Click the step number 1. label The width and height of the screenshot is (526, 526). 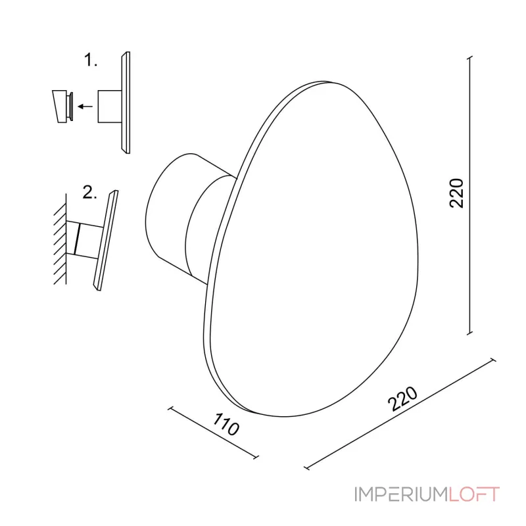[x=90, y=60]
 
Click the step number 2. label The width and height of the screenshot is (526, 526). [x=89, y=193]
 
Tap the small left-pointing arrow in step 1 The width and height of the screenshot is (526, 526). [x=85, y=107]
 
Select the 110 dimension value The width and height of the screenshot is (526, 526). [x=226, y=424]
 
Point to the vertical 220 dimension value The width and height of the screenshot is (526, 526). [x=456, y=193]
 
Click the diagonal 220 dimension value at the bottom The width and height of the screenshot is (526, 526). [x=402, y=398]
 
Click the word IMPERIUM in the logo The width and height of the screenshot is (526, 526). [x=401, y=494]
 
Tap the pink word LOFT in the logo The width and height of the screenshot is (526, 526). [x=474, y=494]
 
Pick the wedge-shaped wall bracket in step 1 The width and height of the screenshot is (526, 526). [x=59, y=107]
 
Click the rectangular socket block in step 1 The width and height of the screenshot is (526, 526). [x=109, y=107]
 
